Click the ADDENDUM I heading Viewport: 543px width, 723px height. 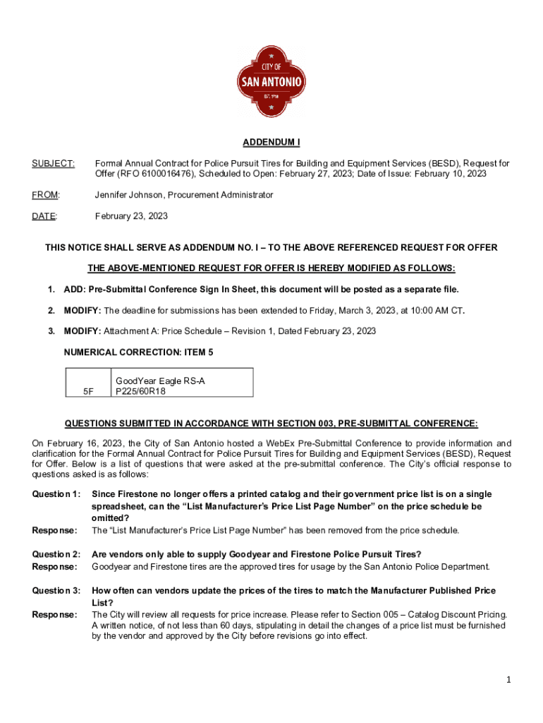click(x=271, y=143)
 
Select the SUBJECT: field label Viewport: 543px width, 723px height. click(x=44, y=164)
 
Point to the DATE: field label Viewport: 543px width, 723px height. click(x=44, y=216)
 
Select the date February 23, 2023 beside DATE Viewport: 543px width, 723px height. click(x=131, y=216)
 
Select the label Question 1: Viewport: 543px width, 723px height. click(x=56, y=494)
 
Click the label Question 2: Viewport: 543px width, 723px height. click(x=56, y=554)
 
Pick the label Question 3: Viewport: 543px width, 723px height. click(x=56, y=590)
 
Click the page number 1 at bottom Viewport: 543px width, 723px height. click(x=507, y=680)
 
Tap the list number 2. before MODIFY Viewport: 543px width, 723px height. click(x=51, y=310)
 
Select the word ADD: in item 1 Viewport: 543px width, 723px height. click(x=74, y=289)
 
